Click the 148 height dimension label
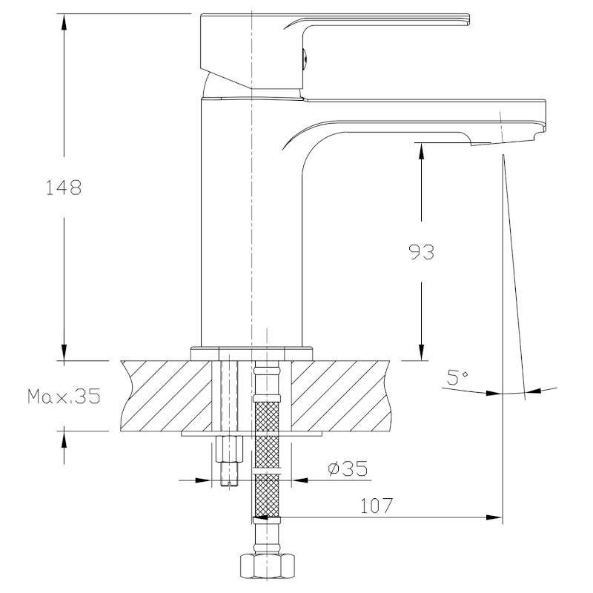click(x=64, y=187)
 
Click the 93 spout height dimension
click(x=420, y=252)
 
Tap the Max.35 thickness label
click(x=64, y=397)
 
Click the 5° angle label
click(x=458, y=378)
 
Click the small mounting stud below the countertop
click(x=229, y=460)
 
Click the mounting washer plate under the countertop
click(x=252, y=432)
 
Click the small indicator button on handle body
click(x=303, y=56)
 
